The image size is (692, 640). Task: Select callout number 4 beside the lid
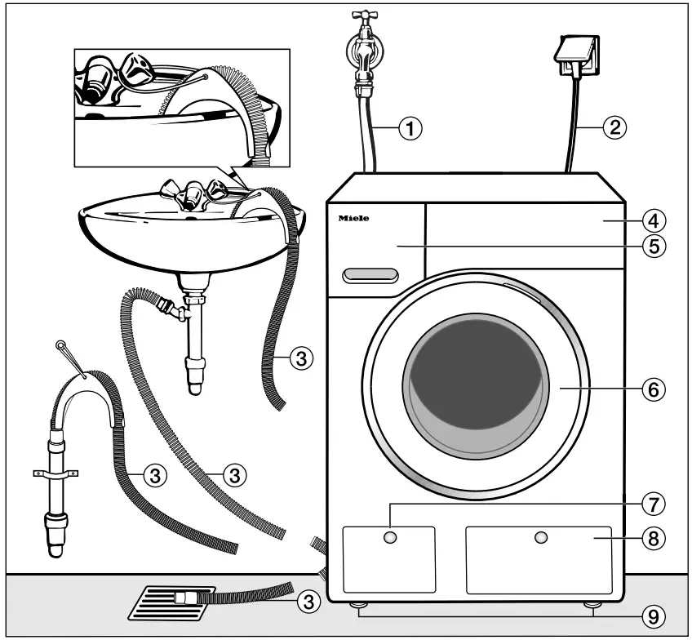pos(653,220)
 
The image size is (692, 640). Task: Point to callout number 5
pos(653,245)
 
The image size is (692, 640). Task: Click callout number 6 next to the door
pos(653,389)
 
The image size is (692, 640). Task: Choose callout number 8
pos(653,538)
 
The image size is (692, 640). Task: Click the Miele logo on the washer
pos(353,219)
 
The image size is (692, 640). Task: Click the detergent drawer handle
pos(370,275)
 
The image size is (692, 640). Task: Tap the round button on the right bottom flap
pos(539,537)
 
